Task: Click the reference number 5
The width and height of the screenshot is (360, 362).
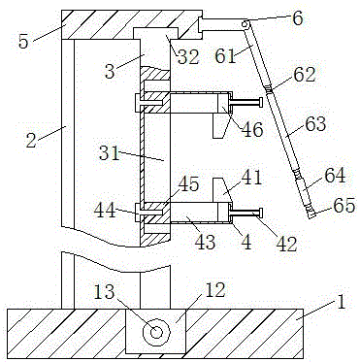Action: coord(23,41)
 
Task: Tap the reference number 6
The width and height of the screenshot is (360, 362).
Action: coord(298,17)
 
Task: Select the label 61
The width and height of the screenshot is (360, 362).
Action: coord(226,55)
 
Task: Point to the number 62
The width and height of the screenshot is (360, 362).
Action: coord(305,75)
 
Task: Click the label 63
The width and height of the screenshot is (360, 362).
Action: coord(315,123)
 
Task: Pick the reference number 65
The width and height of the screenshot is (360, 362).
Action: coord(344,205)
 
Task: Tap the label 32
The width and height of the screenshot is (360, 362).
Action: coord(189,57)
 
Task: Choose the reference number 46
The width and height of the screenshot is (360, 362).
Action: coord(252,129)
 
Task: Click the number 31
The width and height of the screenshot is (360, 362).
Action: coord(110,153)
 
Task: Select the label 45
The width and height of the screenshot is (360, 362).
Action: coord(189,184)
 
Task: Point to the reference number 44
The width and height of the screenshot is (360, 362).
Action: coord(105,211)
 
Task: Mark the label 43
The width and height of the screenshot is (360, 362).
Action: coord(205,242)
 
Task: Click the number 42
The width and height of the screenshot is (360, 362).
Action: coord(286,245)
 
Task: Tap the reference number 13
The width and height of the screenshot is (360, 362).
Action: coord(104,292)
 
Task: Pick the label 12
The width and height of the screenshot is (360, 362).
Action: coord(215,290)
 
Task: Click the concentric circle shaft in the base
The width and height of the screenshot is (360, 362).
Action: coord(156,332)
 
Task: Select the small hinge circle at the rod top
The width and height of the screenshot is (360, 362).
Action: coord(246,24)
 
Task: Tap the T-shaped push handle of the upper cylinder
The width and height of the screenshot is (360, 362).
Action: coord(246,103)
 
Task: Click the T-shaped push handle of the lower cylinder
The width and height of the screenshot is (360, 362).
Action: coord(246,213)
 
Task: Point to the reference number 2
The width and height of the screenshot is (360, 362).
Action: coord(31,141)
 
